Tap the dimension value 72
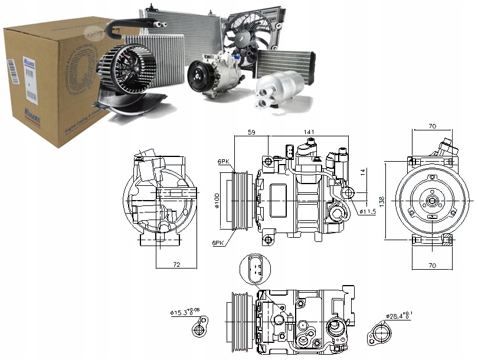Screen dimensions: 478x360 176,265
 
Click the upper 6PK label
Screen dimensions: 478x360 224,161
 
